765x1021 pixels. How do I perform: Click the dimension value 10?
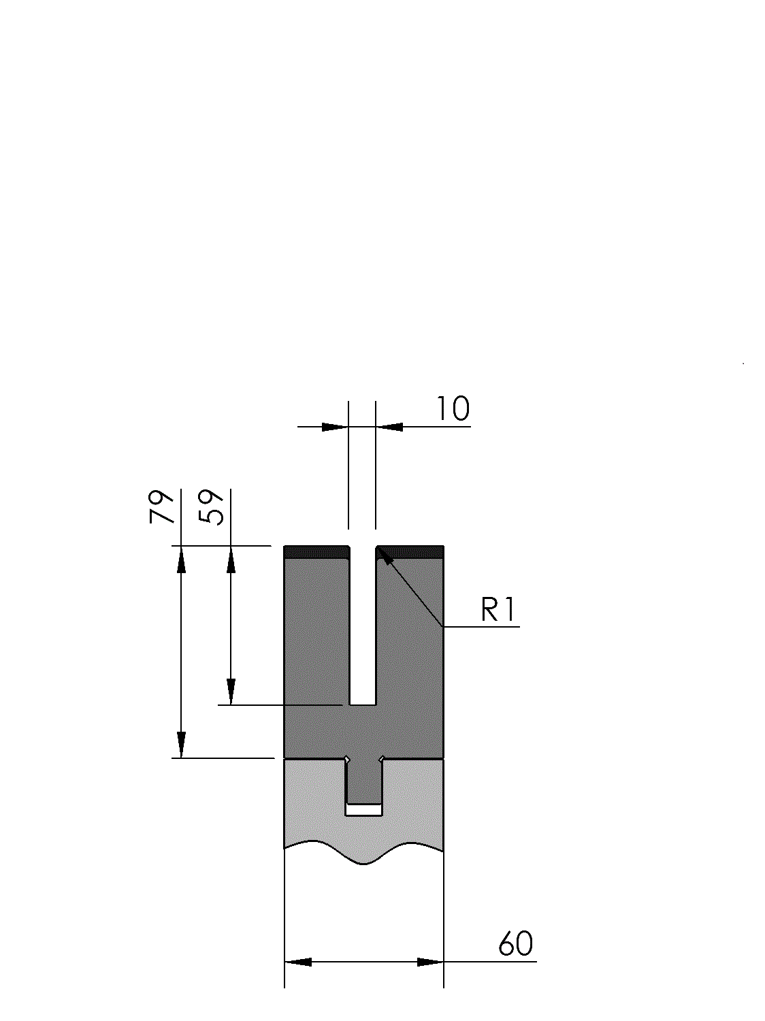click(453, 409)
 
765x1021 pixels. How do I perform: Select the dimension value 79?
click(161, 506)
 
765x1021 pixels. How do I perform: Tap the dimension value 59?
click(211, 506)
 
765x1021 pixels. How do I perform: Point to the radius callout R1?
click(498, 610)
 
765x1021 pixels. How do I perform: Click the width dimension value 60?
click(515, 944)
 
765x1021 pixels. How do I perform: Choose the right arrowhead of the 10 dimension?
click(389, 427)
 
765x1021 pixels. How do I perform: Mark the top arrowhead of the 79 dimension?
click(181, 560)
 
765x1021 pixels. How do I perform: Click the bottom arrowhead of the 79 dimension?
click(181, 745)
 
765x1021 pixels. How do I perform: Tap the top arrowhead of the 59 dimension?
click(231, 560)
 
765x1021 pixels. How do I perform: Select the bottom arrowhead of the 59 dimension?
click(231, 692)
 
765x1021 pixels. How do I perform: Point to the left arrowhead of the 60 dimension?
click(298, 962)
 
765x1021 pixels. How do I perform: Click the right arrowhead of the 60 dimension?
click(430, 962)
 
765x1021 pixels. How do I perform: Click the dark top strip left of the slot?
click(316, 552)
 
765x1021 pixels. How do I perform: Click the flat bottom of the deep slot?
click(363, 705)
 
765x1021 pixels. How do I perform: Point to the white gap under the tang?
click(363, 810)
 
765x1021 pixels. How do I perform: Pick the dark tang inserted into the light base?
click(363, 781)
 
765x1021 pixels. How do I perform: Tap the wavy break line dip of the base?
click(363, 864)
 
